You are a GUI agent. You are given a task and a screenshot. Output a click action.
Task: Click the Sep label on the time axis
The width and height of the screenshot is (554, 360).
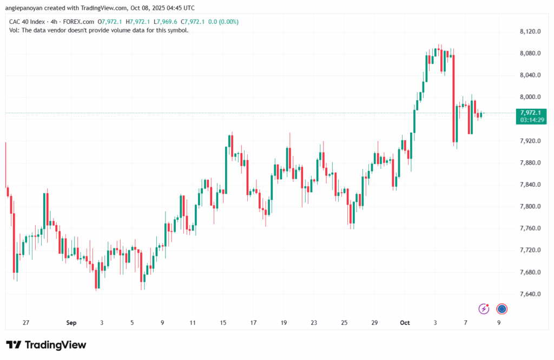tap(71, 323)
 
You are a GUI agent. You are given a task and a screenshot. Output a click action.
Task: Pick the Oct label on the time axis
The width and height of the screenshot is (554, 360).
tap(405, 323)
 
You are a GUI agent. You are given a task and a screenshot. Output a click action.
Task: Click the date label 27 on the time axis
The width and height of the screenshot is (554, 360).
tap(26, 323)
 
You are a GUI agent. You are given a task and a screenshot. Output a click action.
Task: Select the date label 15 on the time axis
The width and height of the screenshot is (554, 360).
tap(223, 323)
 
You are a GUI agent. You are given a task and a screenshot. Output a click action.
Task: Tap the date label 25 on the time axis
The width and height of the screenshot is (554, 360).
tap(344, 323)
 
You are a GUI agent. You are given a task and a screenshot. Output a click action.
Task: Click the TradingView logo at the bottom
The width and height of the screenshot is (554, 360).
tap(46, 345)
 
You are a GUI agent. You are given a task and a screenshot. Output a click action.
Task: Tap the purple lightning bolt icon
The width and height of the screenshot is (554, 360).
tap(484, 309)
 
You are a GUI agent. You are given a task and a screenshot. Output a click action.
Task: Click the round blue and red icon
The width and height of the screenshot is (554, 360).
tap(502, 309)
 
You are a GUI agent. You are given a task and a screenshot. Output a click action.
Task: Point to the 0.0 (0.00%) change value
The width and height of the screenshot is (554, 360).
tap(223, 22)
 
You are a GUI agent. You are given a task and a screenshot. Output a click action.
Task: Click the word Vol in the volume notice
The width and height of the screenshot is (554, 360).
tap(14, 30)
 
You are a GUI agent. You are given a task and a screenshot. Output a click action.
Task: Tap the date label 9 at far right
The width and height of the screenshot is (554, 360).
tap(498, 323)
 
